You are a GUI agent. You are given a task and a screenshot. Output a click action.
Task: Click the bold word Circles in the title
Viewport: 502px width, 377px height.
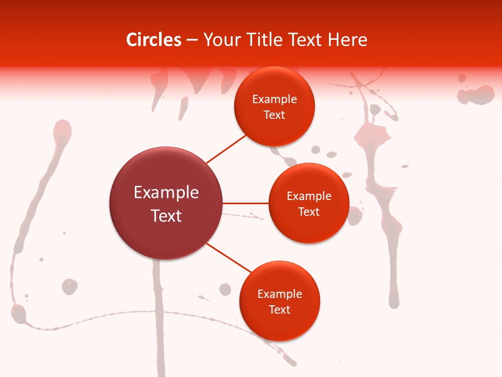[x=153, y=40]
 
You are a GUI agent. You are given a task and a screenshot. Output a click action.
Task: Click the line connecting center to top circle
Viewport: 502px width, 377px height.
[x=226, y=149]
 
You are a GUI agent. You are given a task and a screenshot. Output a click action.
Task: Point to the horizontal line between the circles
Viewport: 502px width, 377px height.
[x=245, y=203]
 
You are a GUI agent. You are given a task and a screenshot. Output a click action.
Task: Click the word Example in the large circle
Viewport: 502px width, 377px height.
[x=166, y=193]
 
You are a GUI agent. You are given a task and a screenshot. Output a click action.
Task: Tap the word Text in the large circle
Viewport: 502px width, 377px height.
[x=166, y=216]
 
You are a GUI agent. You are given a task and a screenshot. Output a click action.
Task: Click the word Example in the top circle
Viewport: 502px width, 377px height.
[x=275, y=99]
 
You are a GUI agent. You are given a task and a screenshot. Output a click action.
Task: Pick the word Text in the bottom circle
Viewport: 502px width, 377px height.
[x=279, y=309]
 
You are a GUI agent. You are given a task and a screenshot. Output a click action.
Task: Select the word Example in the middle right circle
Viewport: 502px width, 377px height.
[x=309, y=196]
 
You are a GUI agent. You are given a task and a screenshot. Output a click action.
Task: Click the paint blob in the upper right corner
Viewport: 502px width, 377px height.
[x=476, y=95]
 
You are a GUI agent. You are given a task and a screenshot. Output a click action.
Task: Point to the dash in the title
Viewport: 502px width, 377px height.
[x=192, y=40]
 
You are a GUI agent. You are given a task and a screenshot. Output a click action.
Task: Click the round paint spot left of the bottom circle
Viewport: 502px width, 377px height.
[x=225, y=289]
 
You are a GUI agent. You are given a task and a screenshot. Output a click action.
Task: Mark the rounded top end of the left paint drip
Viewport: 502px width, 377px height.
[x=62, y=128]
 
